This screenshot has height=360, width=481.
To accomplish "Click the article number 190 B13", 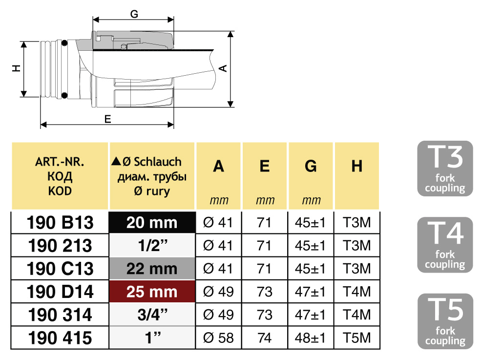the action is [x=60, y=223].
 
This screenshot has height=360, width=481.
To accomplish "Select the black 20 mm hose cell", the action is [x=152, y=222].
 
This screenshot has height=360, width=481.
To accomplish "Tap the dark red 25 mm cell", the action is [x=152, y=292].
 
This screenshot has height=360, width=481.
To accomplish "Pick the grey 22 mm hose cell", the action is [x=152, y=269].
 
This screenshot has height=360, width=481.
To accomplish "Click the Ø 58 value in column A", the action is [x=218, y=338].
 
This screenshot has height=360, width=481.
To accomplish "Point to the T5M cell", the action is [x=357, y=338].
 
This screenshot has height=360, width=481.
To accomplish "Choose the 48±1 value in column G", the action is [x=311, y=338].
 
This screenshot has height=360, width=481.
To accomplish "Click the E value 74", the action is [x=264, y=338].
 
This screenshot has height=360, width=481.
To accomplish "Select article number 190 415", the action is [x=60, y=338].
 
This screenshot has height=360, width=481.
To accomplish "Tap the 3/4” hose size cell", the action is [x=152, y=315].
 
